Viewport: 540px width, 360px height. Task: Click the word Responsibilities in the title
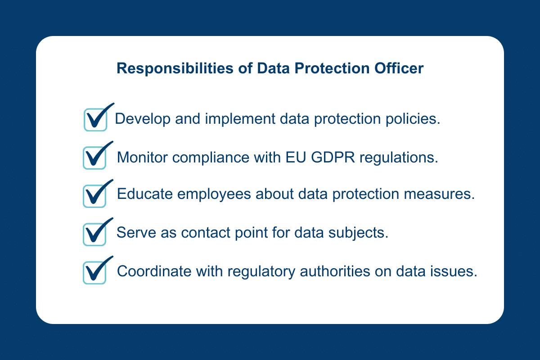(175, 69)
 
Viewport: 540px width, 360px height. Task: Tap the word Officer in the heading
(399, 68)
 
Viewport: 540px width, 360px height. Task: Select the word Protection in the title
(332, 68)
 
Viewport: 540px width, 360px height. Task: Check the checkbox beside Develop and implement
(95, 120)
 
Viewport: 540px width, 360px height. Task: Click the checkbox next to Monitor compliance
(94, 158)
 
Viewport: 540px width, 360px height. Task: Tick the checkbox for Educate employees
(94, 196)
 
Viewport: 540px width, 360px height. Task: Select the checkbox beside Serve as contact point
(94, 234)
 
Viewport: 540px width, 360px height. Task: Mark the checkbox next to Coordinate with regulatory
(94, 273)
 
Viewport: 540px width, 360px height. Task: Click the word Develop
(143, 119)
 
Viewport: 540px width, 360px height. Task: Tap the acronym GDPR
(333, 157)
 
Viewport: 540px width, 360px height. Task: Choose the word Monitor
(142, 157)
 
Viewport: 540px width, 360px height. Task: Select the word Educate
(145, 194)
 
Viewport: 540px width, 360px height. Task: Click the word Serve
(136, 233)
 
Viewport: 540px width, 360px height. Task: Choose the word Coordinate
(154, 271)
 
